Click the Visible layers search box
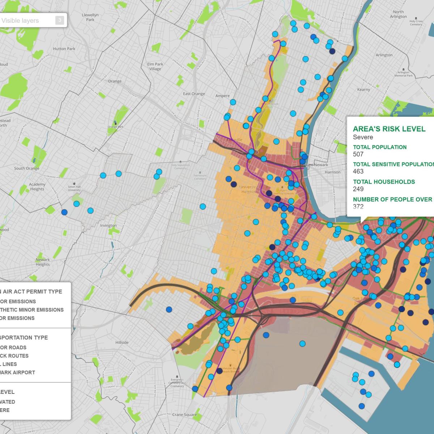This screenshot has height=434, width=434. (x=27, y=21)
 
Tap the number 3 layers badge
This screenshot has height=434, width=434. (x=60, y=20)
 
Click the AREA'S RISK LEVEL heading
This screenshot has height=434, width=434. (x=389, y=129)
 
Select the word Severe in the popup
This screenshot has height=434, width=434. (x=363, y=137)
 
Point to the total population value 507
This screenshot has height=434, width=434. (x=358, y=154)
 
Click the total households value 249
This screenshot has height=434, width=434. (x=358, y=189)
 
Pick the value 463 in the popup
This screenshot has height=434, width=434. (x=358, y=171)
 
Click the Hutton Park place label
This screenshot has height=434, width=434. (x=64, y=49)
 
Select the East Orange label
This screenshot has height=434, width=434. (x=194, y=94)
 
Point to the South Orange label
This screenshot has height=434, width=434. (x=27, y=169)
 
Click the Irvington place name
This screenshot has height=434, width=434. (x=109, y=225)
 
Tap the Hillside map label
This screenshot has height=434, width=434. (x=122, y=342)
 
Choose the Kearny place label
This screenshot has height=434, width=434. (x=363, y=90)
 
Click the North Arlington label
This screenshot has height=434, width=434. (x=398, y=14)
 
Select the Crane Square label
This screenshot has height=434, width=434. (x=184, y=415)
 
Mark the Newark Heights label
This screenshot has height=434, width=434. (x=43, y=262)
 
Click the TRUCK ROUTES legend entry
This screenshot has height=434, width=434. (x=14, y=356)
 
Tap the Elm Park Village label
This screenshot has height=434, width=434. (x=155, y=67)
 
